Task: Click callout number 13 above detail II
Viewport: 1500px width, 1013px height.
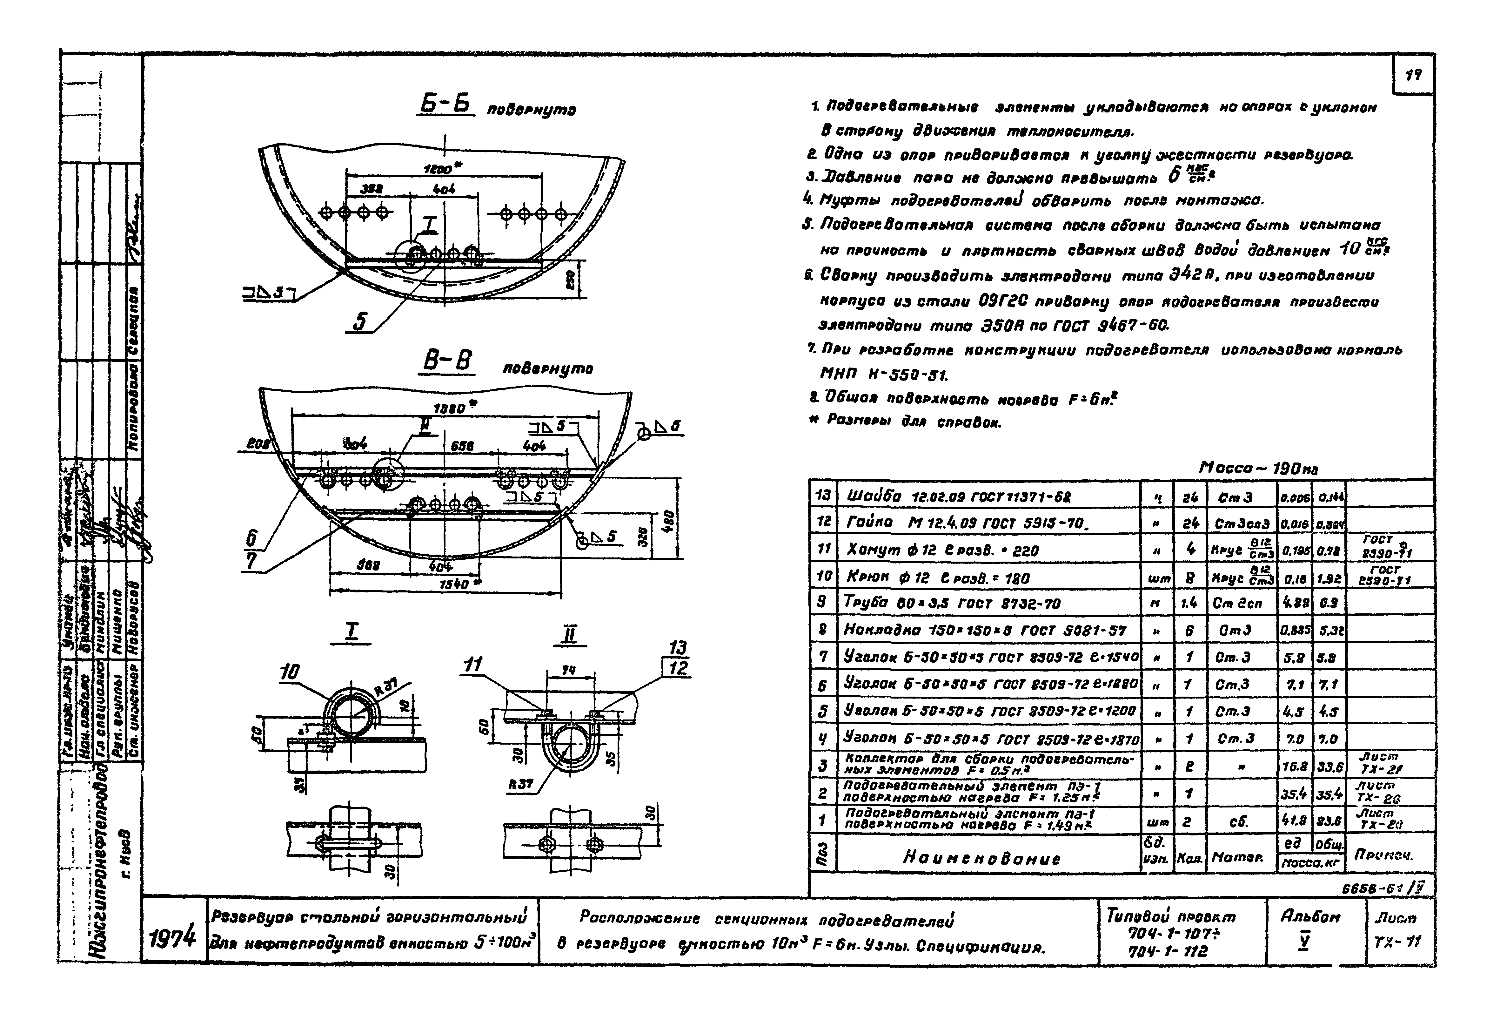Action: coord(676,648)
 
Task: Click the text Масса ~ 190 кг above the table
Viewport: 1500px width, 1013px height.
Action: coord(1259,468)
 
